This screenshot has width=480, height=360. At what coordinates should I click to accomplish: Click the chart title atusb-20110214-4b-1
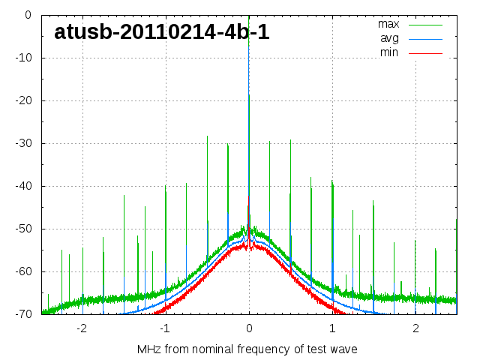162,32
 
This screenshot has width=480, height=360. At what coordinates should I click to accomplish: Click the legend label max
388,24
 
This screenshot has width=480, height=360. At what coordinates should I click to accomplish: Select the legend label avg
389,38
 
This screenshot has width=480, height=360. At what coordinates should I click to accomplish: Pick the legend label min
388,52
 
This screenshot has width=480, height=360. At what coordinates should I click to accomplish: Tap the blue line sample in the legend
425,39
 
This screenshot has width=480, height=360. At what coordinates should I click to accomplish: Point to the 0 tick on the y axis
27,15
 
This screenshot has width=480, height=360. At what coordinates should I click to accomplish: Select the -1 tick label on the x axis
164,328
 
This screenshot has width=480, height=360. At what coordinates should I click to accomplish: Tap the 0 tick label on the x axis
249,328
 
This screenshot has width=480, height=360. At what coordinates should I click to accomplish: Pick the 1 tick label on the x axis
332,328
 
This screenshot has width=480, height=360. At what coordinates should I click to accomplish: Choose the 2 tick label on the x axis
415,328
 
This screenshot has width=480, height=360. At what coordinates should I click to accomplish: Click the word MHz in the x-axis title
148,349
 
